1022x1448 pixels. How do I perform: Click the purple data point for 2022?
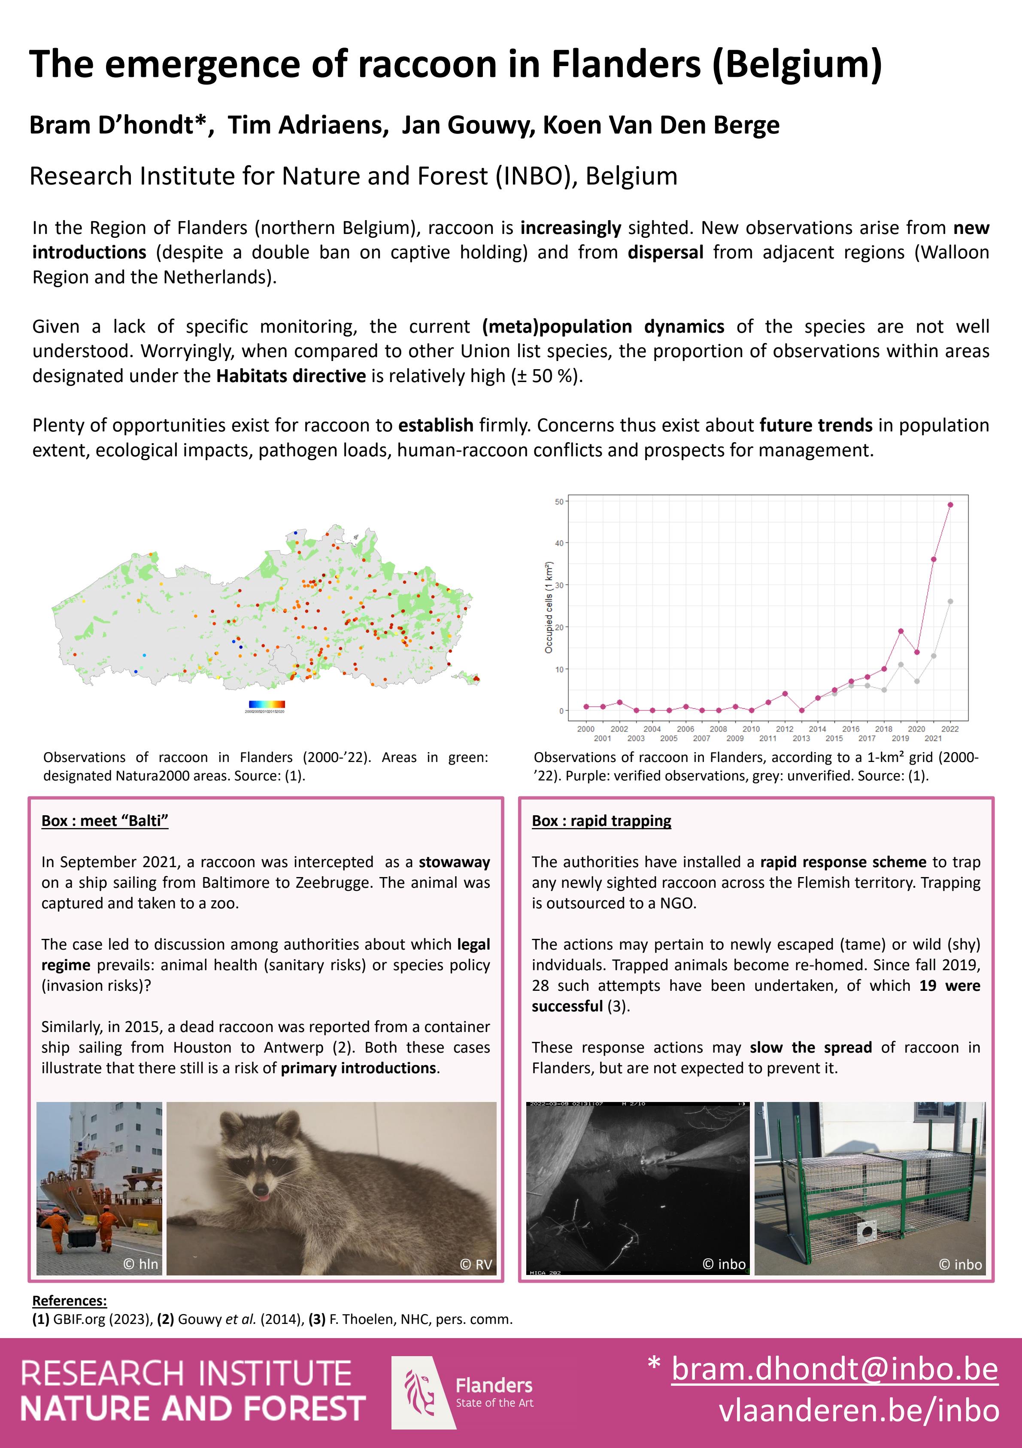click(950, 504)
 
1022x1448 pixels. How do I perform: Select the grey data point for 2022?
click(950, 601)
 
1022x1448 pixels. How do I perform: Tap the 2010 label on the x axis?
click(751, 729)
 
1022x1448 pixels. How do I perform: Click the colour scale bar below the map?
click(267, 704)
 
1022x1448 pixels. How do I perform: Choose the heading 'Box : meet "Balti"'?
click(105, 820)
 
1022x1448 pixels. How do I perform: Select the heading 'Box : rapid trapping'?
click(601, 820)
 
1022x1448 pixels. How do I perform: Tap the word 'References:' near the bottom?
click(70, 1300)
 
